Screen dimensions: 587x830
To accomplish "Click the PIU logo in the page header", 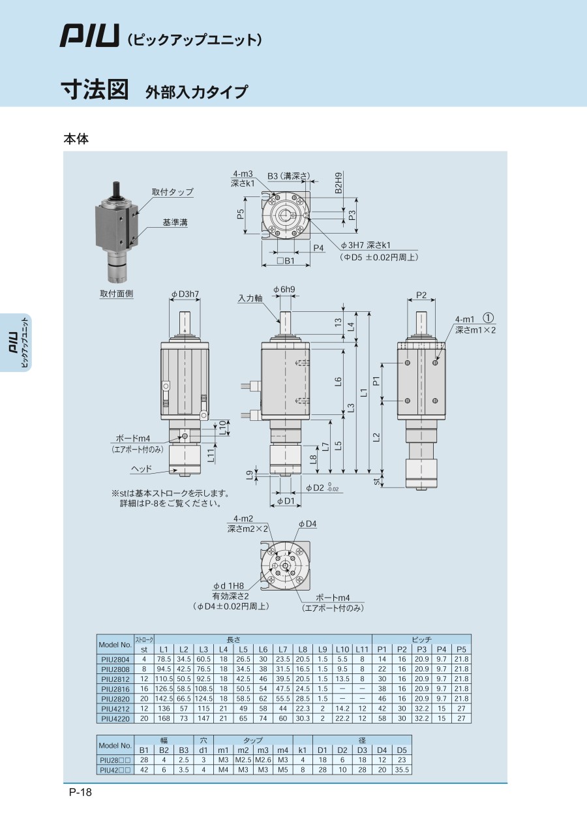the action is (x=89, y=36).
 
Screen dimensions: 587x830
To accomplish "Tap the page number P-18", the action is (x=80, y=792).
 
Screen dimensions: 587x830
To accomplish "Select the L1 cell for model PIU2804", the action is (x=164, y=659).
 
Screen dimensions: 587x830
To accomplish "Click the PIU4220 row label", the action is (x=115, y=719).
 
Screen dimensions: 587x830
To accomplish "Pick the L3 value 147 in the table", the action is (x=203, y=719).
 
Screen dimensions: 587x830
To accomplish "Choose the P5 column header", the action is (x=461, y=649).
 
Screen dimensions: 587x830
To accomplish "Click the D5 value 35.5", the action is (x=402, y=770).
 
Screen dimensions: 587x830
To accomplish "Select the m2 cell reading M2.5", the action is (x=243, y=760).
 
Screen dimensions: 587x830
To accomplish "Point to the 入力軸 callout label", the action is (x=250, y=298).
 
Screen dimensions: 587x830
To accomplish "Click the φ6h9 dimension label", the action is (x=284, y=289).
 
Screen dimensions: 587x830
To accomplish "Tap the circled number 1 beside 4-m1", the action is (x=489, y=318).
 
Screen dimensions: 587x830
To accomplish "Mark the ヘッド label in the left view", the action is (x=141, y=469).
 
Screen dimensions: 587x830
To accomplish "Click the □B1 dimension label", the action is (x=286, y=260).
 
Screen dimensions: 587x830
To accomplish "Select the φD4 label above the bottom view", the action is (x=307, y=523).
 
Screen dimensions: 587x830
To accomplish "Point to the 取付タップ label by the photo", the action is (x=173, y=192).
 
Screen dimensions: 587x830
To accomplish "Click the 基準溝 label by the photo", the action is (x=175, y=223).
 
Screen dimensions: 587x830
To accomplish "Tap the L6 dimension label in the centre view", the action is (x=338, y=381).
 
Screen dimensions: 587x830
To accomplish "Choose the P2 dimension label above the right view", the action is (x=421, y=295).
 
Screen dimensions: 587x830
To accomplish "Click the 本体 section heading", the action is (x=76, y=139).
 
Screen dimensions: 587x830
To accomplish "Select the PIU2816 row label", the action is (x=115, y=689).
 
